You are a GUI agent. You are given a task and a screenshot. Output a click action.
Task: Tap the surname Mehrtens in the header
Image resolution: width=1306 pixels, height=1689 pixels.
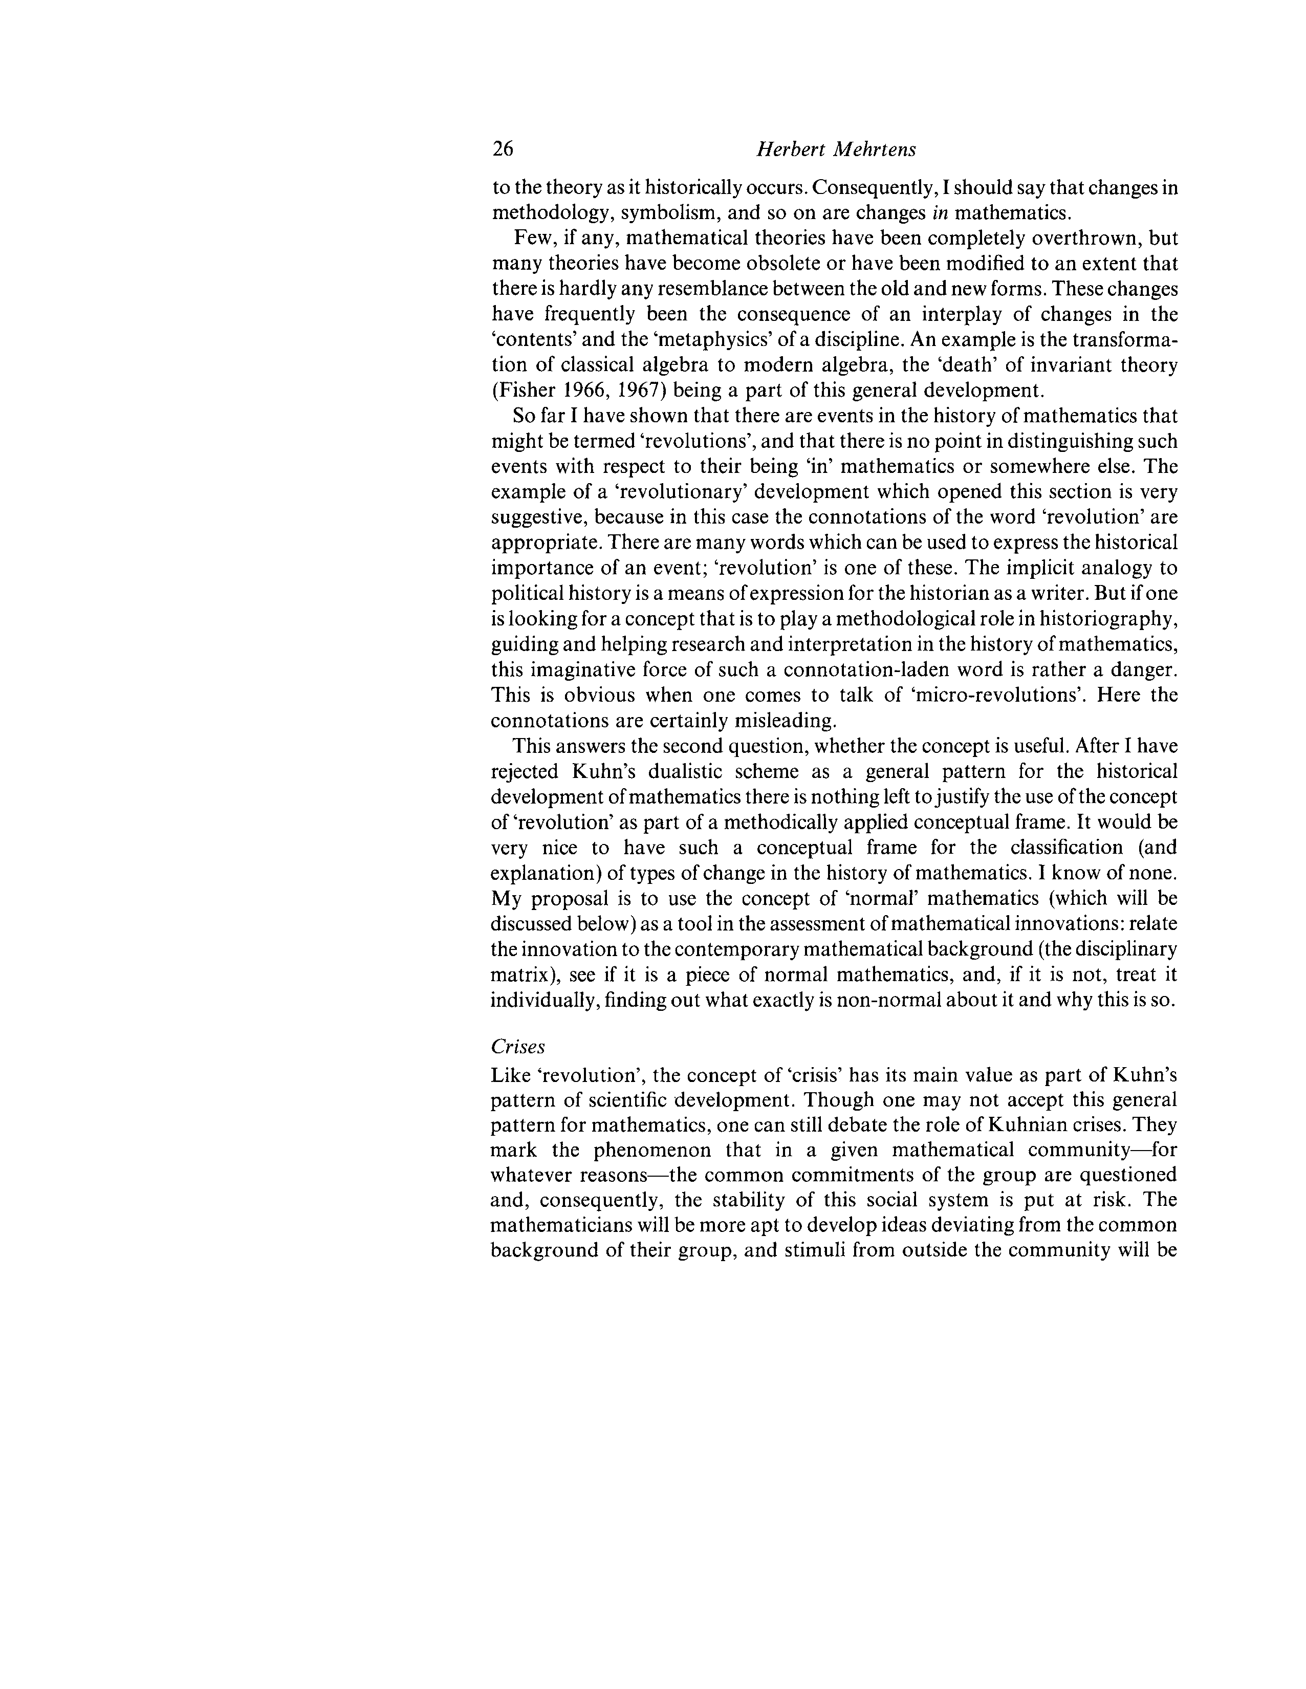(x=873, y=149)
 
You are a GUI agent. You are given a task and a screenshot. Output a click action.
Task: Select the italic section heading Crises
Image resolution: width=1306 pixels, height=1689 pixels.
(x=518, y=1046)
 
